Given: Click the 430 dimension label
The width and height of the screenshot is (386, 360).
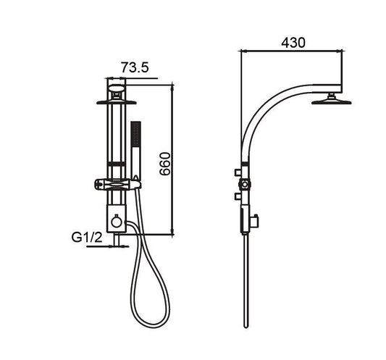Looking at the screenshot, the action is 293,43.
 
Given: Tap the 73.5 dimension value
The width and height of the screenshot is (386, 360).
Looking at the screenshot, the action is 135,67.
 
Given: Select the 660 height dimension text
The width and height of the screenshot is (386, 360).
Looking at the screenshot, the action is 164,164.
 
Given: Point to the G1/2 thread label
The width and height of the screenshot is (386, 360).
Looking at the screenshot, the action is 87,238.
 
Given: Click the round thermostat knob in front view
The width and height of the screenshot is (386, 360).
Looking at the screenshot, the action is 117,221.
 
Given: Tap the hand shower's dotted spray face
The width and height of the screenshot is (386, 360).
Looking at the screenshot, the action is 135,133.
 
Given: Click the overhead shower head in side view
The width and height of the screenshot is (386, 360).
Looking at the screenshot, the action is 332,100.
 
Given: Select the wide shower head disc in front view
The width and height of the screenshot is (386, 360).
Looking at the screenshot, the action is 116,102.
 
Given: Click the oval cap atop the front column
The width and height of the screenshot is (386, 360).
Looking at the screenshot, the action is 117,88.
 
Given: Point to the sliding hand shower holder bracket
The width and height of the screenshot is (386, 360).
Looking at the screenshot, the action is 117,185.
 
